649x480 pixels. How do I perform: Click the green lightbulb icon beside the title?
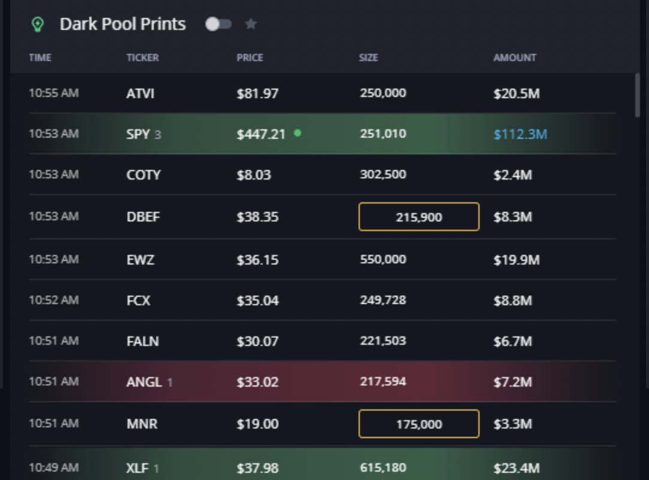[38, 25]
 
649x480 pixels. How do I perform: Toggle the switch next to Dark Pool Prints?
[218, 24]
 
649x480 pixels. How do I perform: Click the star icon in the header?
[251, 24]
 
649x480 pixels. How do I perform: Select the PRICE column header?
[250, 58]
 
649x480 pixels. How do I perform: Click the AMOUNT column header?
[514, 58]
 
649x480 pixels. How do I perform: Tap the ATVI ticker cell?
[140, 94]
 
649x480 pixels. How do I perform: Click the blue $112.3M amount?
[520, 135]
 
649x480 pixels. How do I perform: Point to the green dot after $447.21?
[298, 133]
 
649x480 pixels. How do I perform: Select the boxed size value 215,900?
[418, 217]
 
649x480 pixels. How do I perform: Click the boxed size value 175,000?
[418, 424]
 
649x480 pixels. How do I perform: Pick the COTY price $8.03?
[253, 175]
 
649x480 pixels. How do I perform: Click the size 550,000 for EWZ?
[383, 260]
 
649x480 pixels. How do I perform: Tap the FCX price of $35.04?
[257, 300]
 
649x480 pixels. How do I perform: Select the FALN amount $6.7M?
[512, 341]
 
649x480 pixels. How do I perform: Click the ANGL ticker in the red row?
[144, 382]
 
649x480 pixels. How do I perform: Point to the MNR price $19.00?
[257, 424]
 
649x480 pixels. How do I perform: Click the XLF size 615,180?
[383, 467]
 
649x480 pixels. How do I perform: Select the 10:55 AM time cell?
[53, 93]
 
